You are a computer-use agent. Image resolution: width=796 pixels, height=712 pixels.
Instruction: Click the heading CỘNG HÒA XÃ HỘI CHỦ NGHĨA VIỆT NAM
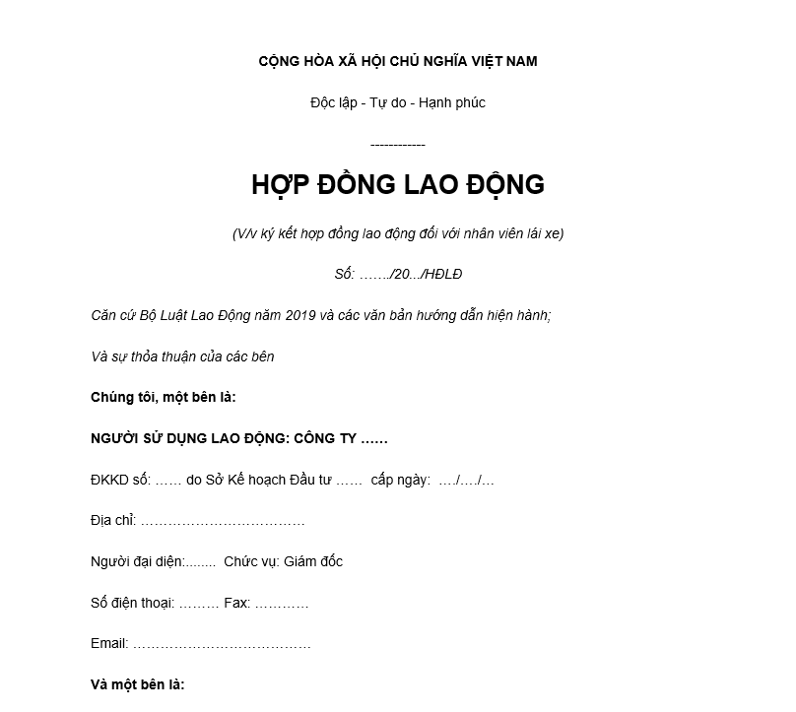pyautogui.click(x=398, y=61)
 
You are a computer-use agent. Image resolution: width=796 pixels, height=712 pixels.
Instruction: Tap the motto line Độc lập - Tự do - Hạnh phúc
pyautogui.click(x=398, y=102)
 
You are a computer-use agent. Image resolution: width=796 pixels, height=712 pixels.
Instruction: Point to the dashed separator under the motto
pyautogui.click(x=398, y=145)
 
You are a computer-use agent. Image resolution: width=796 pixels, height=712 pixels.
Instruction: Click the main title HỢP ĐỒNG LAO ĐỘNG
pyautogui.click(x=398, y=185)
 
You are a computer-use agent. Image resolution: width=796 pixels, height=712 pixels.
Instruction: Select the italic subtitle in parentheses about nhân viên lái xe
pyautogui.click(x=398, y=233)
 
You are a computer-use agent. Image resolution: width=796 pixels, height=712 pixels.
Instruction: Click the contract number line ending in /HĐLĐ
pyautogui.click(x=398, y=274)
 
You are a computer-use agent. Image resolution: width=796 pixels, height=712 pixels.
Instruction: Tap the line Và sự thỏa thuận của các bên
pyautogui.click(x=182, y=356)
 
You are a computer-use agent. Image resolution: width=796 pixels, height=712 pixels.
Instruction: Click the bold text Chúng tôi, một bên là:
pyautogui.click(x=164, y=398)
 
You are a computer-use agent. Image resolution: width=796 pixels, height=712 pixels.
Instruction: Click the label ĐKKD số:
pyautogui.click(x=120, y=481)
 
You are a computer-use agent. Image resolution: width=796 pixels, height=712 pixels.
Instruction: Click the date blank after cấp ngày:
pyautogui.click(x=466, y=481)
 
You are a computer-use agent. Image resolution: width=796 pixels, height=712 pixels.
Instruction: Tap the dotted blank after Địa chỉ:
pyautogui.click(x=223, y=521)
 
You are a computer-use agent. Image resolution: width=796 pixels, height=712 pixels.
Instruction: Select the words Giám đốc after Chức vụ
pyautogui.click(x=313, y=562)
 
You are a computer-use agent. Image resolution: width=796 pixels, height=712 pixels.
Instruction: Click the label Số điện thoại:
pyautogui.click(x=132, y=604)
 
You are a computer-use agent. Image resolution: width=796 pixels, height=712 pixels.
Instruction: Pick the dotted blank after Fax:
pyautogui.click(x=282, y=604)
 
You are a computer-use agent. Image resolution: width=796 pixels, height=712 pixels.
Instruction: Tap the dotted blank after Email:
pyautogui.click(x=222, y=644)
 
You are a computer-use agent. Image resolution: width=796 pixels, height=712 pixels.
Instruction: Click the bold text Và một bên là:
pyautogui.click(x=138, y=685)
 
